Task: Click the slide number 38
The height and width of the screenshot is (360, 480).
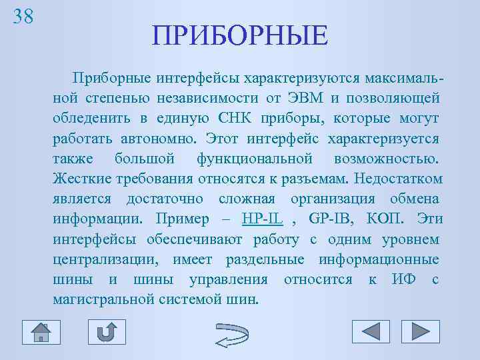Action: point(23,17)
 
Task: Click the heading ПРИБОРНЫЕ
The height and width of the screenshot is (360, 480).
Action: point(239,36)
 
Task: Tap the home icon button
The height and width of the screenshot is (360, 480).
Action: point(41,331)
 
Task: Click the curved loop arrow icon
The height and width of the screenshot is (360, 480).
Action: point(231,333)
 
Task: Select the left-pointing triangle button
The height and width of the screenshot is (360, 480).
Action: point(371,331)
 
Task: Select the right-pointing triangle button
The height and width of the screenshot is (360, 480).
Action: point(420,331)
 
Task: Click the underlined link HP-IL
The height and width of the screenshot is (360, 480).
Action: point(263,219)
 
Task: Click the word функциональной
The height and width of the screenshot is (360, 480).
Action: point(255,159)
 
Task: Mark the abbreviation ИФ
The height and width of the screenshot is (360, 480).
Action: point(404,279)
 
